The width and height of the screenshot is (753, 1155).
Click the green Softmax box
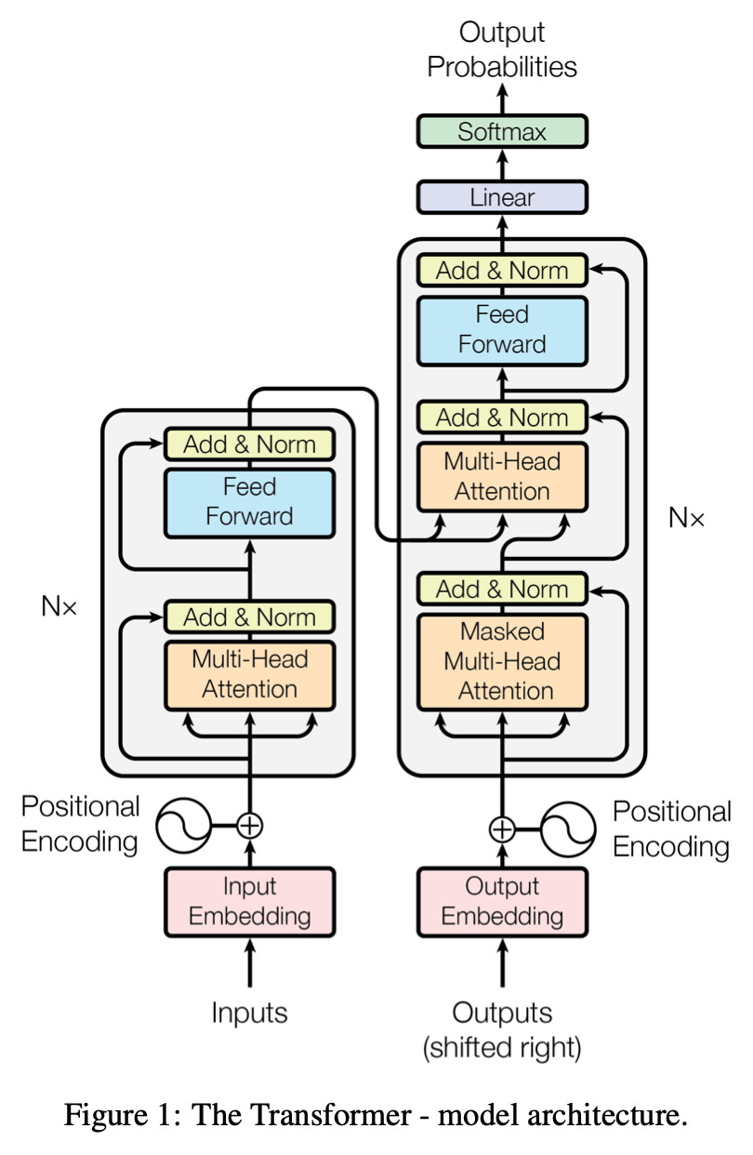click(x=502, y=131)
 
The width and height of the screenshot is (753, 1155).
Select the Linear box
click(x=502, y=197)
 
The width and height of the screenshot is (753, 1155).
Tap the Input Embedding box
click(x=249, y=900)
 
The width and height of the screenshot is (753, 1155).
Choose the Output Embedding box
click(x=502, y=900)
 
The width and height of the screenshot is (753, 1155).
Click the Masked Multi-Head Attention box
click(x=502, y=661)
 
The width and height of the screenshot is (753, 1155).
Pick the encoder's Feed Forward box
click(x=249, y=502)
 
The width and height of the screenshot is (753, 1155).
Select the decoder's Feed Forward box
click(x=502, y=330)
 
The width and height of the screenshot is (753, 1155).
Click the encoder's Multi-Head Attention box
click(x=249, y=674)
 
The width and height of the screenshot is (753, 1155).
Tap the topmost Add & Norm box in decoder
click(x=502, y=271)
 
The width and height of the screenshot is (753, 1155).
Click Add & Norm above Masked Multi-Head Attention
click(x=502, y=589)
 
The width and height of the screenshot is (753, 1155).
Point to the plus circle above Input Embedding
click(x=249, y=824)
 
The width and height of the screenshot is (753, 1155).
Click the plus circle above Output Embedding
click(x=502, y=828)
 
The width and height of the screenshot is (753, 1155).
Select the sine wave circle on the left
click(x=183, y=824)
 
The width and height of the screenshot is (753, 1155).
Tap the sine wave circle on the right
click(x=568, y=828)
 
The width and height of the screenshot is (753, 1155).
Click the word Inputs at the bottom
click(x=249, y=1012)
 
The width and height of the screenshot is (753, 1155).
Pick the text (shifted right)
click(x=502, y=1049)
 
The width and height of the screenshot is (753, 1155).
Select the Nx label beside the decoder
click(x=686, y=518)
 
